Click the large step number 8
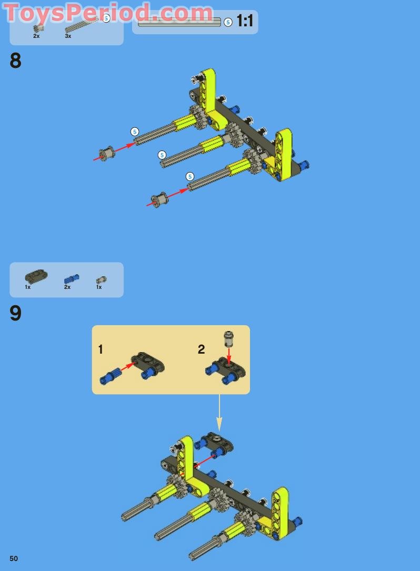15,62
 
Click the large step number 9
15,314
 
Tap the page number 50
14,558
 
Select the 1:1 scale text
245,22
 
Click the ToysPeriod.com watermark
108,13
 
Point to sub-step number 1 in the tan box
101,349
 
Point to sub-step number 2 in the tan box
201,349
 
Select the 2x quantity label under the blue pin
67,287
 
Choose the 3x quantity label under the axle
68,36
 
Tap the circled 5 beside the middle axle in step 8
162,155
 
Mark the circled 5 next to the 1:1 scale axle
228,22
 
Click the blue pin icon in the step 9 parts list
71,278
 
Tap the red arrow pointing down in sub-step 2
228,355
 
